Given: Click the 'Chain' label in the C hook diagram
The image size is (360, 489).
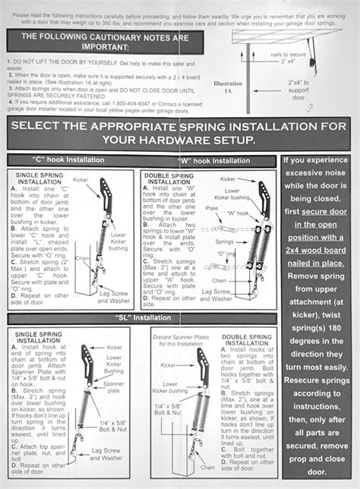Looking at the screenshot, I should tap(83, 257).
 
